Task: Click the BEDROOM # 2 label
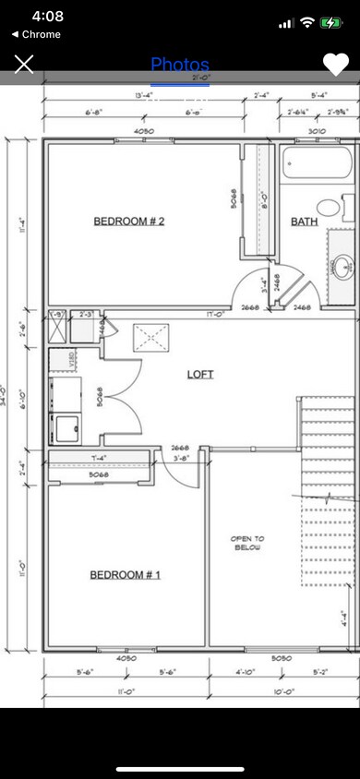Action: coord(128,221)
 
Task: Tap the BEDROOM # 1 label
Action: coord(125,575)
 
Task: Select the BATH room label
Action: coord(304,222)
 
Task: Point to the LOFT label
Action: coord(199,374)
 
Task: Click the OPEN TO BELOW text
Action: coord(246,543)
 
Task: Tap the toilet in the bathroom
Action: coord(329,207)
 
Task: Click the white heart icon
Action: coord(335,64)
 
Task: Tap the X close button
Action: coord(24,64)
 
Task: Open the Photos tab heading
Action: coord(180,65)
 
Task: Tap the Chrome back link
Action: coord(36,34)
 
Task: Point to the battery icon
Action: coord(331,23)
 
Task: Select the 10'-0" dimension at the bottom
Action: coord(282,691)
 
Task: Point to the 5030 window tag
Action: coord(282,658)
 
